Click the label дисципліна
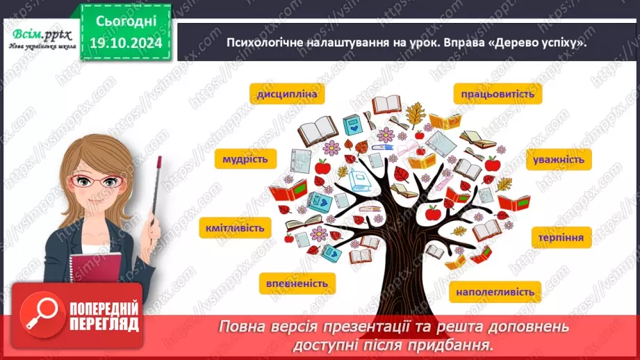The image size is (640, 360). [x=286, y=95]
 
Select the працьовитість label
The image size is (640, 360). [x=498, y=95]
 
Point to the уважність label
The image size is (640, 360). [x=559, y=159]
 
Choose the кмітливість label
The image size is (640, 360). [x=232, y=227]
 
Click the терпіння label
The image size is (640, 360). [x=559, y=238]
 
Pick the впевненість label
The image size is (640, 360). [x=297, y=283]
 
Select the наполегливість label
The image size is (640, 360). [x=495, y=292]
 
